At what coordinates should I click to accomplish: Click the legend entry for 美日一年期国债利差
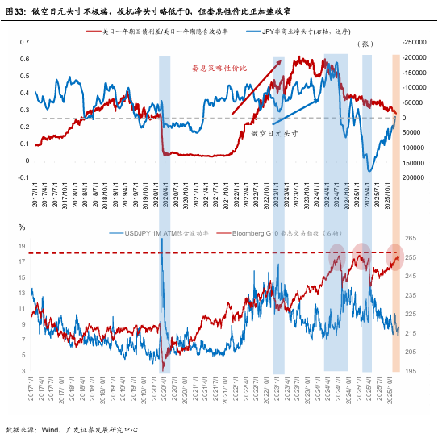(x=174, y=31)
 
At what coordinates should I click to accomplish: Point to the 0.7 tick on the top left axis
(x=23, y=42)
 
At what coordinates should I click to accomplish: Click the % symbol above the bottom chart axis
(x=23, y=227)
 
